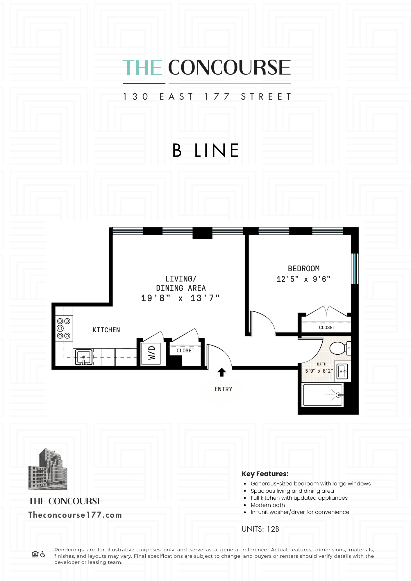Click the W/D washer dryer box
coord(151,353)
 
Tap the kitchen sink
coord(84,357)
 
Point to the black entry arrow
coord(222,372)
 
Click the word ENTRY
coord(223,389)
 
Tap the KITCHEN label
coord(106,330)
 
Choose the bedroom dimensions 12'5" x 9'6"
coord(303,279)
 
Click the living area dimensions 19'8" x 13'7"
coord(180,298)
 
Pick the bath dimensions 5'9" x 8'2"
coord(319,371)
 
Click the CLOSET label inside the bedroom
coord(327,327)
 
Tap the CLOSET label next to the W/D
coord(185,351)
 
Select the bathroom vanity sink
coord(342,371)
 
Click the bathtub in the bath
coord(323,395)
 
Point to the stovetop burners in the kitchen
coord(64,328)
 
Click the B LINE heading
coord(205,150)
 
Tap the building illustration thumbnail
coord(48,469)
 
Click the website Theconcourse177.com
coord(75,515)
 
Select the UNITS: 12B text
coord(260,529)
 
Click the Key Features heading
coord(265,474)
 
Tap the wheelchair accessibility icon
coord(43,554)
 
